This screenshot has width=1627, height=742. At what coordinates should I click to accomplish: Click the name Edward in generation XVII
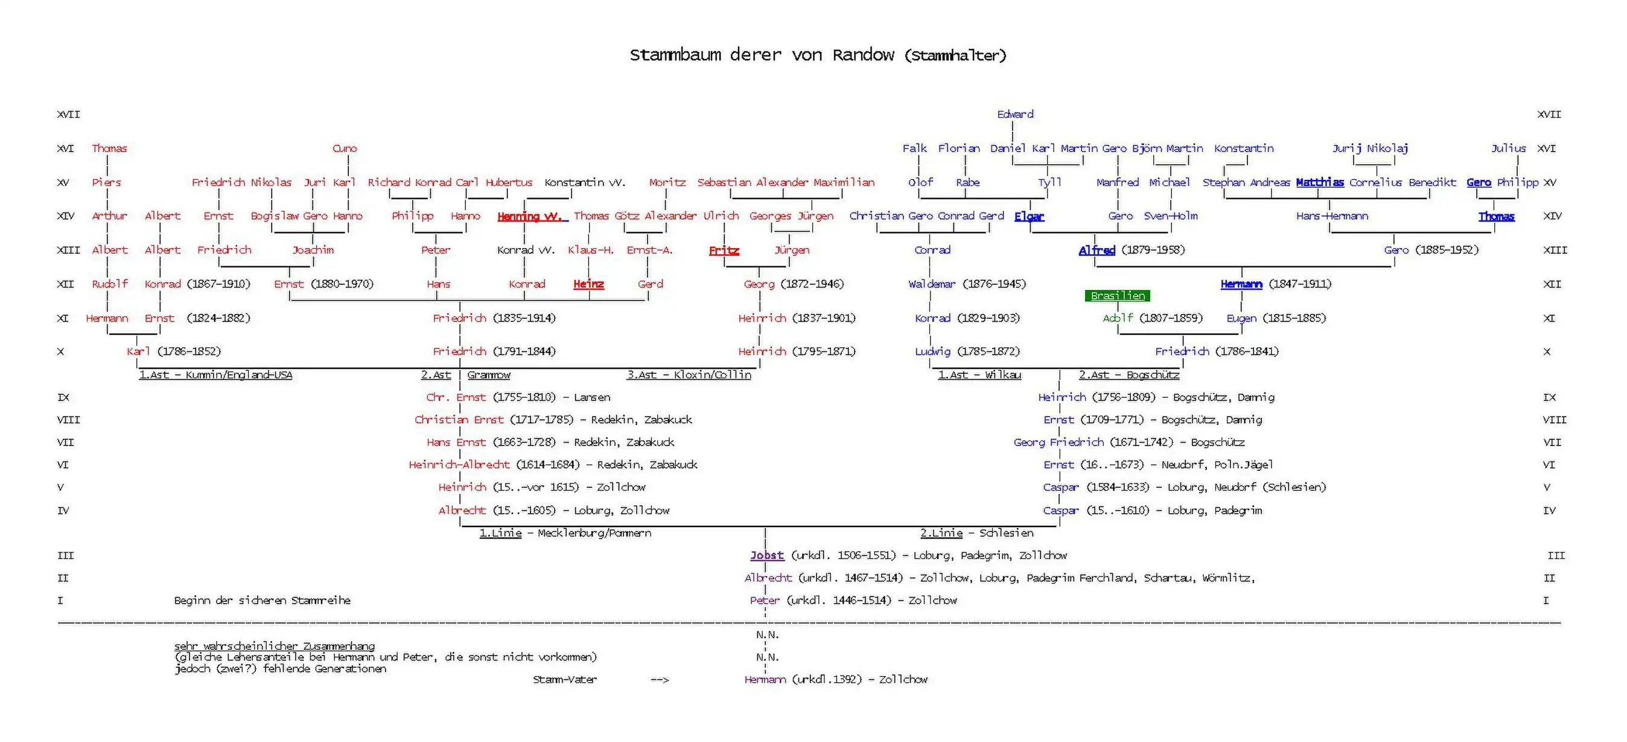pyautogui.click(x=1015, y=114)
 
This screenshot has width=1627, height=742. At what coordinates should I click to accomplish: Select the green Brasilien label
pyautogui.click(x=1117, y=296)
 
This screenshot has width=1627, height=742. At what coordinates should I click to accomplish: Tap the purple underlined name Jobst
pyautogui.click(x=767, y=555)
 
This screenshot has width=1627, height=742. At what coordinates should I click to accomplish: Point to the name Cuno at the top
pyautogui.click(x=345, y=149)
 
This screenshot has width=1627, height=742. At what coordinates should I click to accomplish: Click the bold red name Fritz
pyautogui.click(x=724, y=251)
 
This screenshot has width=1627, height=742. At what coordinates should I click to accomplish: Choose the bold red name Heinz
pyautogui.click(x=588, y=284)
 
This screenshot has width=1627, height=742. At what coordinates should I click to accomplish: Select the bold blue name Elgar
pyautogui.click(x=1029, y=216)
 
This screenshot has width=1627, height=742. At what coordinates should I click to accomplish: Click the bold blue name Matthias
pyautogui.click(x=1319, y=183)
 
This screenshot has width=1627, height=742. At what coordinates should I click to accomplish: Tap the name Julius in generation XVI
pyautogui.click(x=1508, y=149)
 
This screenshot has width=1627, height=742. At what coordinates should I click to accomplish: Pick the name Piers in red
pyautogui.click(x=106, y=183)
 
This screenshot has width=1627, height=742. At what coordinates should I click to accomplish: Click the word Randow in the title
pyautogui.click(x=863, y=55)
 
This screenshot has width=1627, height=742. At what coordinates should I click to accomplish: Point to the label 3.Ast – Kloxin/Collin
pyautogui.click(x=689, y=375)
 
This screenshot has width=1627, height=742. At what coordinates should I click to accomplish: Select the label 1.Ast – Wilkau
pyautogui.click(x=979, y=375)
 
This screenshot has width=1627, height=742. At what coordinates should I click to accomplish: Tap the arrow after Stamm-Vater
pyautogui.click(x=660, y=680)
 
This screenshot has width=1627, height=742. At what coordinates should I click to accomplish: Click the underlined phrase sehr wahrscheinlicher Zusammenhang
pyautogui.click(x=274, y=646)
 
